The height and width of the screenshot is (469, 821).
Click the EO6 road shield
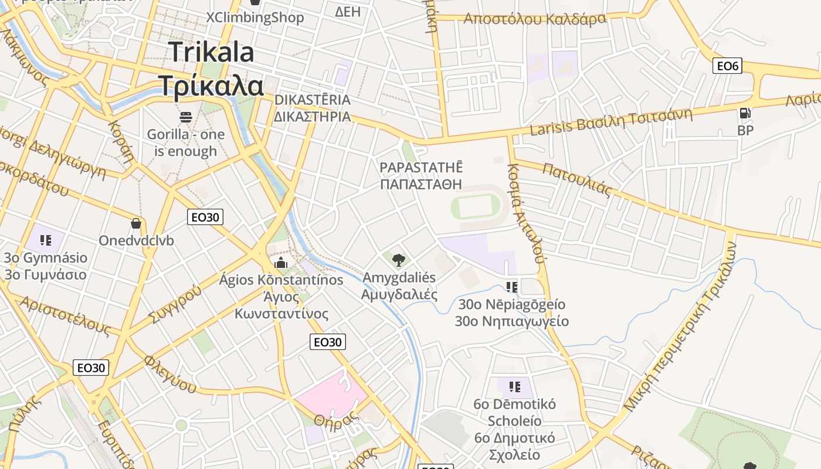(x=727, y=66)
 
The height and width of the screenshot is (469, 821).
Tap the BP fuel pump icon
(x=745, y=113)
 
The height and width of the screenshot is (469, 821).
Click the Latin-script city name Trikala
(x=212, y=52)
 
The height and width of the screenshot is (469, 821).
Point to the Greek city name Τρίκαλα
(x=212, y=86)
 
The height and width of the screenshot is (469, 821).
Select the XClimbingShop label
(x=255, y=18)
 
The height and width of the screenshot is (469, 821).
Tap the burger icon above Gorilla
(x=186, y=117)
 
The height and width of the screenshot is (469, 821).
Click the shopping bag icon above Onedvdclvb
(x=136, y=223)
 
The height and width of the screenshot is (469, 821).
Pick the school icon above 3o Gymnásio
(x=46, y=240)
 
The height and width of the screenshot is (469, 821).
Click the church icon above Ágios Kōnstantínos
(x=281, y=262)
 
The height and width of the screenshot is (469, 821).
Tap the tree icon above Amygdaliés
(x=399, y=260)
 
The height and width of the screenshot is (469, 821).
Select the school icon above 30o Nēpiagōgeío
(x=512, y=287)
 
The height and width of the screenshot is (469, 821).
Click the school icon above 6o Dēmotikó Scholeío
(x=515, y=386)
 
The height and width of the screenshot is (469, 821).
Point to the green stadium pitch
(x=476, y=207)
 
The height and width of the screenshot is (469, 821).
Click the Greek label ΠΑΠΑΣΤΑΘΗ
(x=421, y=185)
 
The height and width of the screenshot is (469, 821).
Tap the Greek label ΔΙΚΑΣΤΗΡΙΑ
(x=312, y=117)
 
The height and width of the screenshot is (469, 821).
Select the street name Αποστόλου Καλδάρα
(x=534, y=19)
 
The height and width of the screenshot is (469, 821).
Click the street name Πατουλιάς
(x=577, y=179)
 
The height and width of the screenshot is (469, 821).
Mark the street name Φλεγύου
(x=170, y=374)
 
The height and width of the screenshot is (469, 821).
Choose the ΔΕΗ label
(x=348, y=11)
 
